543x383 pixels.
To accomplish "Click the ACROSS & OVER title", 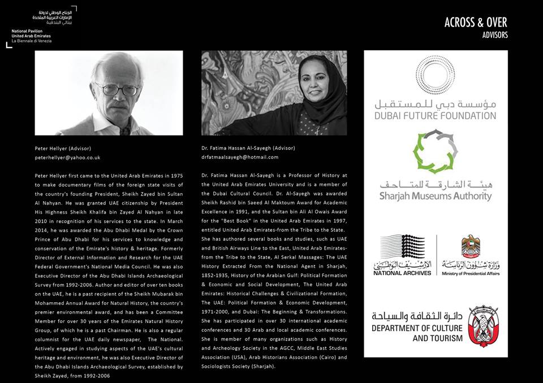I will [476, 23].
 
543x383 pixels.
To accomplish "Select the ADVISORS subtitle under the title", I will [495, 35].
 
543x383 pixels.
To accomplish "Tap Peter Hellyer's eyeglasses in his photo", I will [117, 89].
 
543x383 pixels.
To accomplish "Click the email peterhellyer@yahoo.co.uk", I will [67, 158].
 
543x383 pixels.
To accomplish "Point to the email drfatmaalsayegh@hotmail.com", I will [240, 157].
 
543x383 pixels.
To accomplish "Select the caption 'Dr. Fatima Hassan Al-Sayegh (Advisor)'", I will [248, 148].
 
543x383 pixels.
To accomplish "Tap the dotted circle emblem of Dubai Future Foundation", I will [435, 75].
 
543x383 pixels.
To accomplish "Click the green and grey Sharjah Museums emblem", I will [435, 151].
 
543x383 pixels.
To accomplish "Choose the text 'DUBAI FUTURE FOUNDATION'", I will [435, 116].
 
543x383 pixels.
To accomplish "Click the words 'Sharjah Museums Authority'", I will [435, 197].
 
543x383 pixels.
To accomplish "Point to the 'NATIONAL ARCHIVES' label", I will [402, 273].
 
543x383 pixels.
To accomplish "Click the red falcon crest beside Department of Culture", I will [483, 326].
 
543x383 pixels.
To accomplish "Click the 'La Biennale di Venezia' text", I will [31, 41].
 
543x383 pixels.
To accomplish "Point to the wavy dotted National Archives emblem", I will [402, 247].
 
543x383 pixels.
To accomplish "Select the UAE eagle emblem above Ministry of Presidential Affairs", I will [471, 246].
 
